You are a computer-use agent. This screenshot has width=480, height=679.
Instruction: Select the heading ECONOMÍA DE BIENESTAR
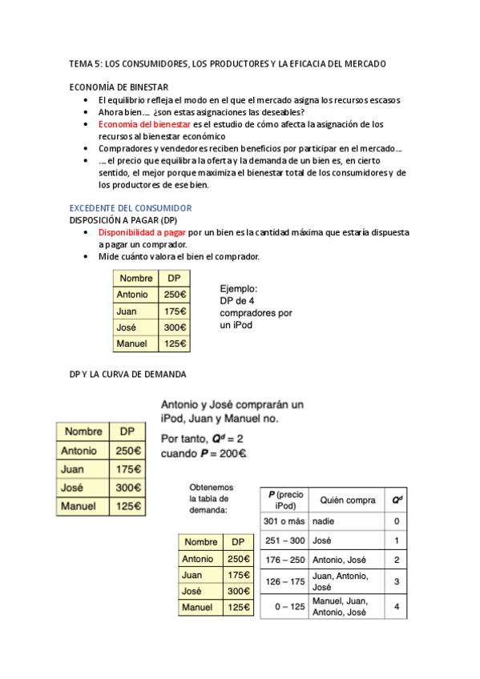pos(119,87)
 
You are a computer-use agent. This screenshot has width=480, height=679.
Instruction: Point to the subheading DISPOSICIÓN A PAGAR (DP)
pos(123,220)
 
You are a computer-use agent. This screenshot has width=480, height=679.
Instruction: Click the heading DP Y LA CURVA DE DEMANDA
pos(127,374)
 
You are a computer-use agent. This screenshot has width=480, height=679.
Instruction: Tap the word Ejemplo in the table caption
pos(239,289)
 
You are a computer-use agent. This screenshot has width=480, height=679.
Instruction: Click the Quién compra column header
pos(347,500)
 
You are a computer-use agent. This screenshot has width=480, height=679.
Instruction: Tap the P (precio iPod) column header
pos(284,500)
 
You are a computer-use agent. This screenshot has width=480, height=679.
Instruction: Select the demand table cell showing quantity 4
pos(397,606)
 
